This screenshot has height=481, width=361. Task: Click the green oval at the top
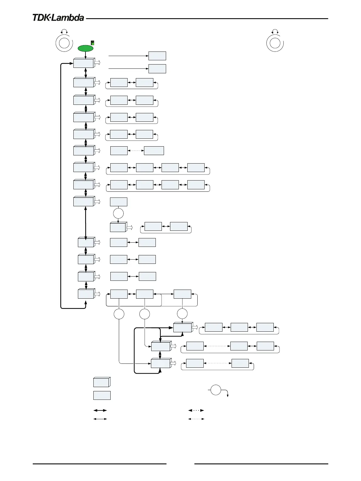(86, 48)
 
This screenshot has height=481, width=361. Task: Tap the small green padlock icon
(93, 43)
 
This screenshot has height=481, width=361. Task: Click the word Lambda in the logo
(67, 18)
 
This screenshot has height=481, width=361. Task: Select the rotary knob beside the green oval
(64, 43)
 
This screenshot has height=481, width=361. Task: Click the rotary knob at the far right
(275, 43)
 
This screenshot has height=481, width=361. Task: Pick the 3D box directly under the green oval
(84, 63)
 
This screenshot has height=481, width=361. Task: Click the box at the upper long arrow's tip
(157, 56)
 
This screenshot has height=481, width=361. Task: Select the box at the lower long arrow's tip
(157, 69)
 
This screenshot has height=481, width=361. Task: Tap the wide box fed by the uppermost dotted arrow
(154, 151)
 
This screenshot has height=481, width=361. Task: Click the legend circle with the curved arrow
(216, 390)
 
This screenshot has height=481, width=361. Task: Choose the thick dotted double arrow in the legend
(196, 410)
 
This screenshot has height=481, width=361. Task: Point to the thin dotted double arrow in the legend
(196, 419)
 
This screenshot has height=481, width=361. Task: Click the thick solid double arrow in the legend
(100, 410)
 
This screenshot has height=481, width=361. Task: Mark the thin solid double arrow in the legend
(100, 419)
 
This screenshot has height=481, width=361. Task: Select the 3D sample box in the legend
(102, 382)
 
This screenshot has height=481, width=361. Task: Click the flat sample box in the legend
(102, 395)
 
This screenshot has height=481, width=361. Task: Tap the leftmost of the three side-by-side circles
(119, 314)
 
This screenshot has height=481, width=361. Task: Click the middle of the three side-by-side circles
(145, 314)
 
